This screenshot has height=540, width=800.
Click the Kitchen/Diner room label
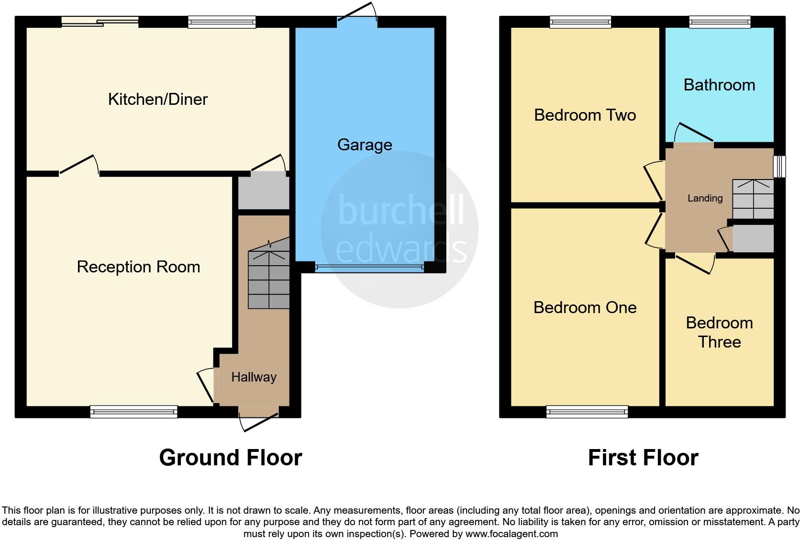click(158, 99)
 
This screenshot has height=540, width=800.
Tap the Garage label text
click(365, 145)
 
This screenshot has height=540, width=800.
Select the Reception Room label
click(138, 267)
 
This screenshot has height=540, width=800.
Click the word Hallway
click(254, 377)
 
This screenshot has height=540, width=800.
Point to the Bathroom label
click(719, 85)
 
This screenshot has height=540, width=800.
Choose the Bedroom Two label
click(585, 115)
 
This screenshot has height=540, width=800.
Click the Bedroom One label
click(585, 307)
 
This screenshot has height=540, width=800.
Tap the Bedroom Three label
click(719, 332)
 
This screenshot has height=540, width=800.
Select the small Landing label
click(705, 198)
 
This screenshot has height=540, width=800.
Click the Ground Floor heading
click(230, 458)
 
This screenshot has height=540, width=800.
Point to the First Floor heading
click(643, 458)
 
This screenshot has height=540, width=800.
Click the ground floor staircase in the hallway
click(268, 278)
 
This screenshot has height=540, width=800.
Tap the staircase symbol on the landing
click(753, 199)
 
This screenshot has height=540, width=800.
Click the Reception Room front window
click(134, 411)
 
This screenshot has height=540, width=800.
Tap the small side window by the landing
click(779, 166)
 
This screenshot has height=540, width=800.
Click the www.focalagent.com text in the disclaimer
click(511, 533)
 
